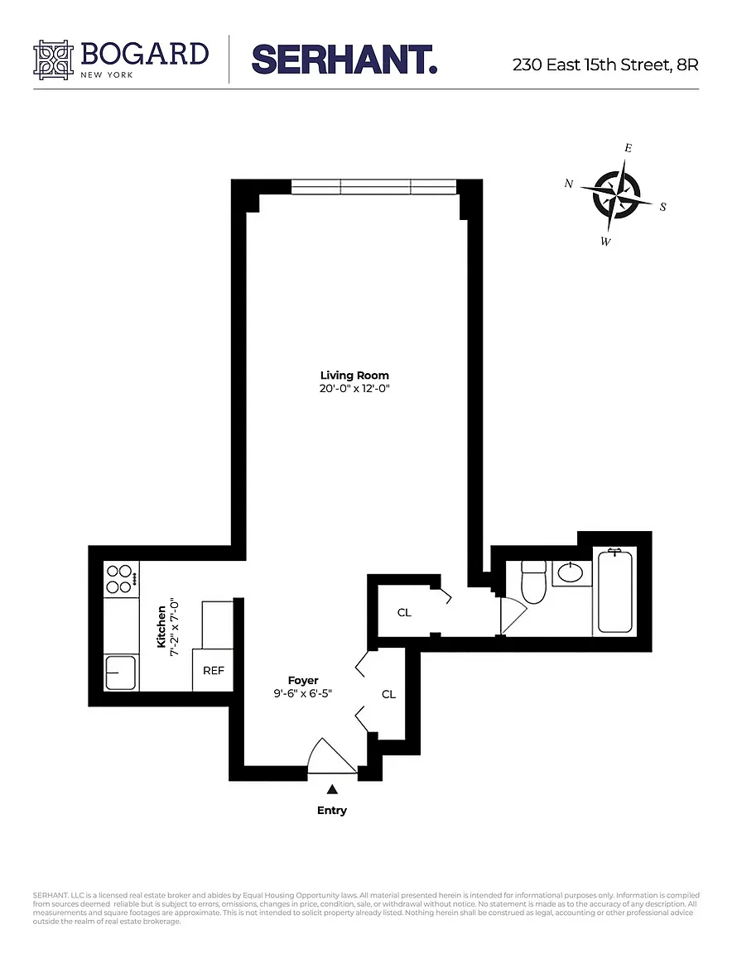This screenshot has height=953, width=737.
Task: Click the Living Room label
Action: click(354, 376)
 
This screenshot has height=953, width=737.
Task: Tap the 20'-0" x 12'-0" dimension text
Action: click(354, 388)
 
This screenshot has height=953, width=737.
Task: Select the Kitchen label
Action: click(161, 626)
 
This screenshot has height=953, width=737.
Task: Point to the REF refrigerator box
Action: click(213, 670)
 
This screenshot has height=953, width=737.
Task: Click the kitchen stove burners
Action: click(120, 578)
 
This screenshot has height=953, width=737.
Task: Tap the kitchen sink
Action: click(121, 673)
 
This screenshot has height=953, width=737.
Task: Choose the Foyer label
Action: click(303, 681)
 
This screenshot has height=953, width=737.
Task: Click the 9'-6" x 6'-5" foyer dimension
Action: click(302, 693)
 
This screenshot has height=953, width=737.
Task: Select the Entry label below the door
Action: click(332, 810)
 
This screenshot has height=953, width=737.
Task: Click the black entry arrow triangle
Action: click(332, 789)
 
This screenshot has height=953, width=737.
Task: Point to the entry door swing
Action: click(330, 756)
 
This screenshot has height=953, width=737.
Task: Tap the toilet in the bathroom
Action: click(534, 582)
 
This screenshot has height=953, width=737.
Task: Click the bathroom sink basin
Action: click(571, 572)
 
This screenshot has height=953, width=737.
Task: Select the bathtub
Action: click(615, 591)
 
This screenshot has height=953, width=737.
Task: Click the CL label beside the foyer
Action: click(388, 694)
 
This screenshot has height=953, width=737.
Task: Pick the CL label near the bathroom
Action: click(404, 613)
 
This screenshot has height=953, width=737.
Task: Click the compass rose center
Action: click(616, 194)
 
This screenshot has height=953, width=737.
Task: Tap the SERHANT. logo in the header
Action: click(344, 60)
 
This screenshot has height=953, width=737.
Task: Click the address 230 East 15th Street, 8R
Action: click(605, 65)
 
